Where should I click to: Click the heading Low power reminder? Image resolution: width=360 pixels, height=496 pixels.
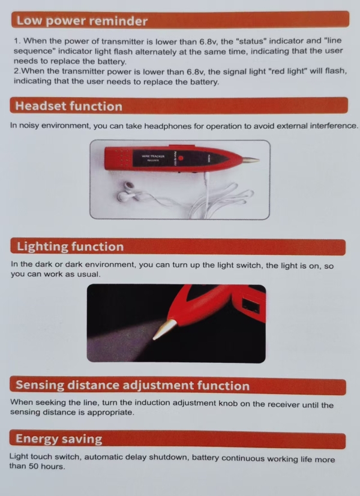(x=82, y=21)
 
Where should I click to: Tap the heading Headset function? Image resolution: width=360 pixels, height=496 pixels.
(x=68, y=106)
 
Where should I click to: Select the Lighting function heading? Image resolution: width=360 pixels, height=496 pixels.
(x=70, y=247)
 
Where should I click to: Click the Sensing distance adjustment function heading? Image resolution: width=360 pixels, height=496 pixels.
(x=133, y=385)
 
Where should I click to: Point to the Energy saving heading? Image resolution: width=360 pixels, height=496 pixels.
(x=59, y=439)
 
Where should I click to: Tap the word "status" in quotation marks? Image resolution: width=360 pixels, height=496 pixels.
(x=251, y=41)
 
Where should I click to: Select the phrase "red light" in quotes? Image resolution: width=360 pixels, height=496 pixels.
(x=287, y=71)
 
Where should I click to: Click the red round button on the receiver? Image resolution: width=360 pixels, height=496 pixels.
(x=181, y=158)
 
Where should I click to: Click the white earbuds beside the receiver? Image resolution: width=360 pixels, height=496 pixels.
(x=128, y=192)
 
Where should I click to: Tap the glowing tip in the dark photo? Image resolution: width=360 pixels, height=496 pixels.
(x=164, y=329)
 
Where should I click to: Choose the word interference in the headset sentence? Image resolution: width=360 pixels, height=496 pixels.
(x=334, y=125)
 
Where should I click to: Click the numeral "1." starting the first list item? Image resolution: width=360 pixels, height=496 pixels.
(x=17, y=41)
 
